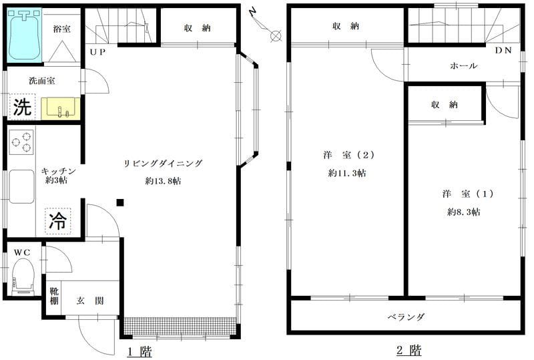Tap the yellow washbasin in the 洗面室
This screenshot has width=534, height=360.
(x=61, y=108)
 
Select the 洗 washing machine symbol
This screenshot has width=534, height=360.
(x=23, y=107)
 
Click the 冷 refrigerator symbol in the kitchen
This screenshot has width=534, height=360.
(x=58, y=221)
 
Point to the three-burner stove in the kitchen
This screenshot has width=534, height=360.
(x=21, y=142)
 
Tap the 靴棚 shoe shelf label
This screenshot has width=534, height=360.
(x=54, y=296)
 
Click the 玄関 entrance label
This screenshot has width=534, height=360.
(x=90, y=301)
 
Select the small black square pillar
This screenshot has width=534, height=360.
(x=120, y=203)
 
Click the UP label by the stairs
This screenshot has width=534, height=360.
(x=97, y=52)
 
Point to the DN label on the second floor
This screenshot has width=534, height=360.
(x=503, y=51)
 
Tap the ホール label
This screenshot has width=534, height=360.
(x=463, y=66)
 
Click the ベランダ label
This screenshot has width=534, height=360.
(x=407, y=317)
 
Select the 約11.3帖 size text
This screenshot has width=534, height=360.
(x=347, y=173)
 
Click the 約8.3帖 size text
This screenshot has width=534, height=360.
(x=464, y=212)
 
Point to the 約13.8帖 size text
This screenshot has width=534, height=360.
(x=163, y=181)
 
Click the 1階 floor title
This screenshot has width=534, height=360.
(x=140, y=351)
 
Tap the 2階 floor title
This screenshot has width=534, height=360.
(x=409, y=351)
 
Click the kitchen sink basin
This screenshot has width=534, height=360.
(x=21, y=186)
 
